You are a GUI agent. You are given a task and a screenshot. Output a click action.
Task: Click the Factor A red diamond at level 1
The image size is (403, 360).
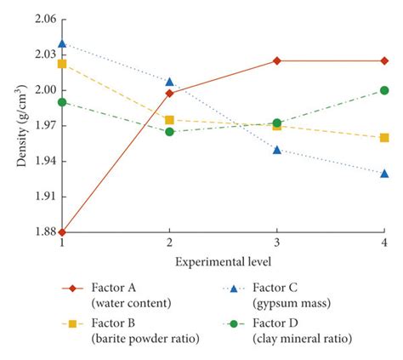tap(62, 231)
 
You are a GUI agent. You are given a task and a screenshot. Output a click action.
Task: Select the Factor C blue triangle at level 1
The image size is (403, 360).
tap(62, 43)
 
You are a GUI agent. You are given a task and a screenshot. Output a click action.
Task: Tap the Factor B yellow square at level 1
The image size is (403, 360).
tap(62, 64)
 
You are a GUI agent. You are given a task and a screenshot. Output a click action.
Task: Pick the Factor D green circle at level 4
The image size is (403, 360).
tap(384, 90)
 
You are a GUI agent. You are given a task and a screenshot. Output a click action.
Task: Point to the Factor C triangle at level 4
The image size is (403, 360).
tap(384, 173)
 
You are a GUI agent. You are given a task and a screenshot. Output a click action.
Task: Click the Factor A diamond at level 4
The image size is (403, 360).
tap(384, 60)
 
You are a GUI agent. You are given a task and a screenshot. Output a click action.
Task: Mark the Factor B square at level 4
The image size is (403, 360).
tap(384, 137)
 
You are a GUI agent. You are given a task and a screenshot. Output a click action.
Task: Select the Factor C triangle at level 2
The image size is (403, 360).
tap(169, 82)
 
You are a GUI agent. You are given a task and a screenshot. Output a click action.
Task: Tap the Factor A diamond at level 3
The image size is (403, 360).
tap(277, 60)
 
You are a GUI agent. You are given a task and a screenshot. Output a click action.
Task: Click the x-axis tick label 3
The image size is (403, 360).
tap(277, 243)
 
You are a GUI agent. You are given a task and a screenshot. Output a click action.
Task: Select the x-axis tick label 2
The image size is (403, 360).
tap(169, 243)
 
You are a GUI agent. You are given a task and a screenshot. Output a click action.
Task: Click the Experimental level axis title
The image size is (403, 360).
tap(224, 260)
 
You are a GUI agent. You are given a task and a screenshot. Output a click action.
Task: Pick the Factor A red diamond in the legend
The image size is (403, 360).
tap(76, 288)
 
